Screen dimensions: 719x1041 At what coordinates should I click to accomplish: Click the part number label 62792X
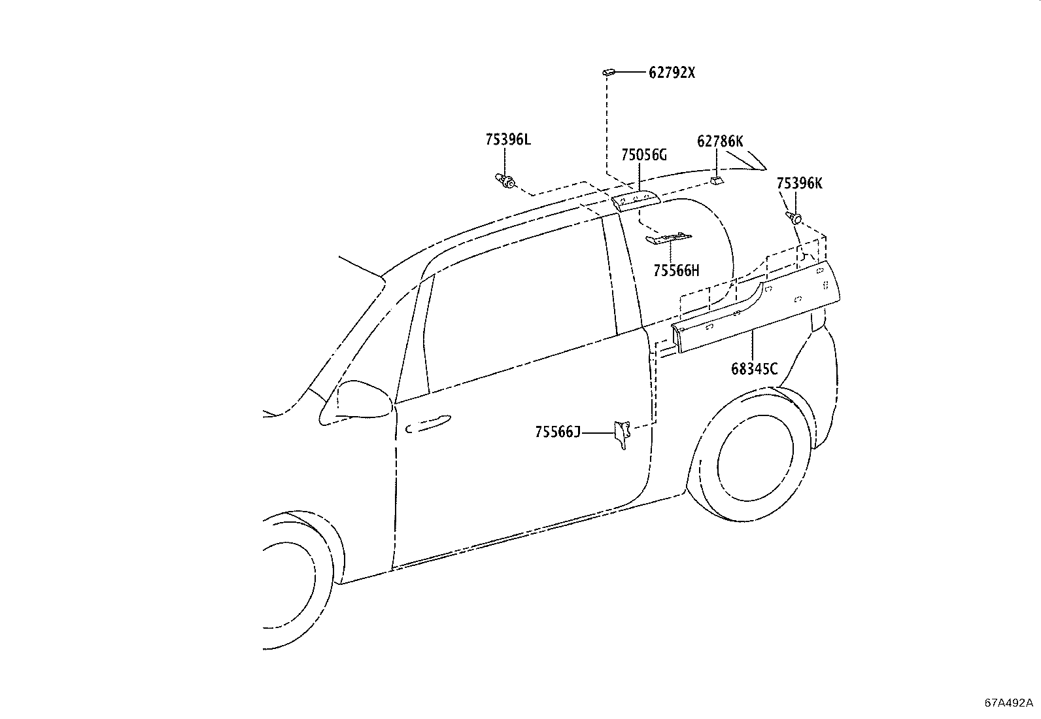coord(672,73)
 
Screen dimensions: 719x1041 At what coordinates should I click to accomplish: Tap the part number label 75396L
coord(508,139)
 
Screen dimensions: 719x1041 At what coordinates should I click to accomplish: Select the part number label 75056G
coord(644,155)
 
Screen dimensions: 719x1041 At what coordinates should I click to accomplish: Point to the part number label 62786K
coord(720,141)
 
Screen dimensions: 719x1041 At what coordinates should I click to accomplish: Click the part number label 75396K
coord(799,183)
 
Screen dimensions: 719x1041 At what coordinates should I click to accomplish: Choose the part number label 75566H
coord(676,270)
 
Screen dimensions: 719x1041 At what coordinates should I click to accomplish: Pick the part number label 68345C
coord(754,369)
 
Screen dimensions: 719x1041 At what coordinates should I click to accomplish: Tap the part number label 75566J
coord(557,432)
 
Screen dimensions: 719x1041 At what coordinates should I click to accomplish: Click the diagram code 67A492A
coord(1010,703)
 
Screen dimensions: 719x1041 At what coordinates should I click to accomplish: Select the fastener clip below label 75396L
coord(505,180)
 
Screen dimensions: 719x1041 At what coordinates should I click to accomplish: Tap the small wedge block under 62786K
coord(717,179)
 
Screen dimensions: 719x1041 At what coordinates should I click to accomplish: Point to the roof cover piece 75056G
coord(636,198)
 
